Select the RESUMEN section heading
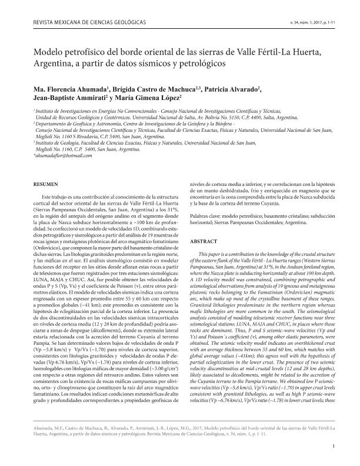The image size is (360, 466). click(45, 185)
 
